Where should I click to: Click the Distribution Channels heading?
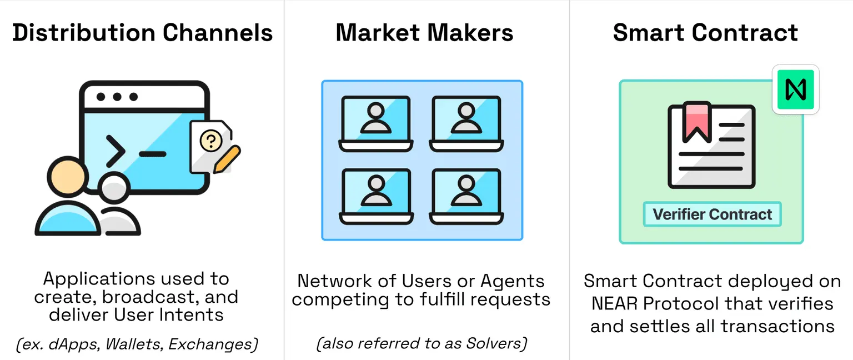pos(142,33)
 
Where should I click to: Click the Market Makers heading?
pos(425,33)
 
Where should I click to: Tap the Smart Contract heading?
pos(705,33)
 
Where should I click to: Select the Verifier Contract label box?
pos(712,214)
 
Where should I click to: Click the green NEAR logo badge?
pos(795,89)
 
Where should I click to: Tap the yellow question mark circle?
pos(211,141)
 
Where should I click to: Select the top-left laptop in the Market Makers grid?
pos(376,124)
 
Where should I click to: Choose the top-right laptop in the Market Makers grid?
pos(466,124)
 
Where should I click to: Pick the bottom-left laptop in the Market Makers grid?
pos(376,196)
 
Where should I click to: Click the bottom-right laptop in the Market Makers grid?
pos(466,196)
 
